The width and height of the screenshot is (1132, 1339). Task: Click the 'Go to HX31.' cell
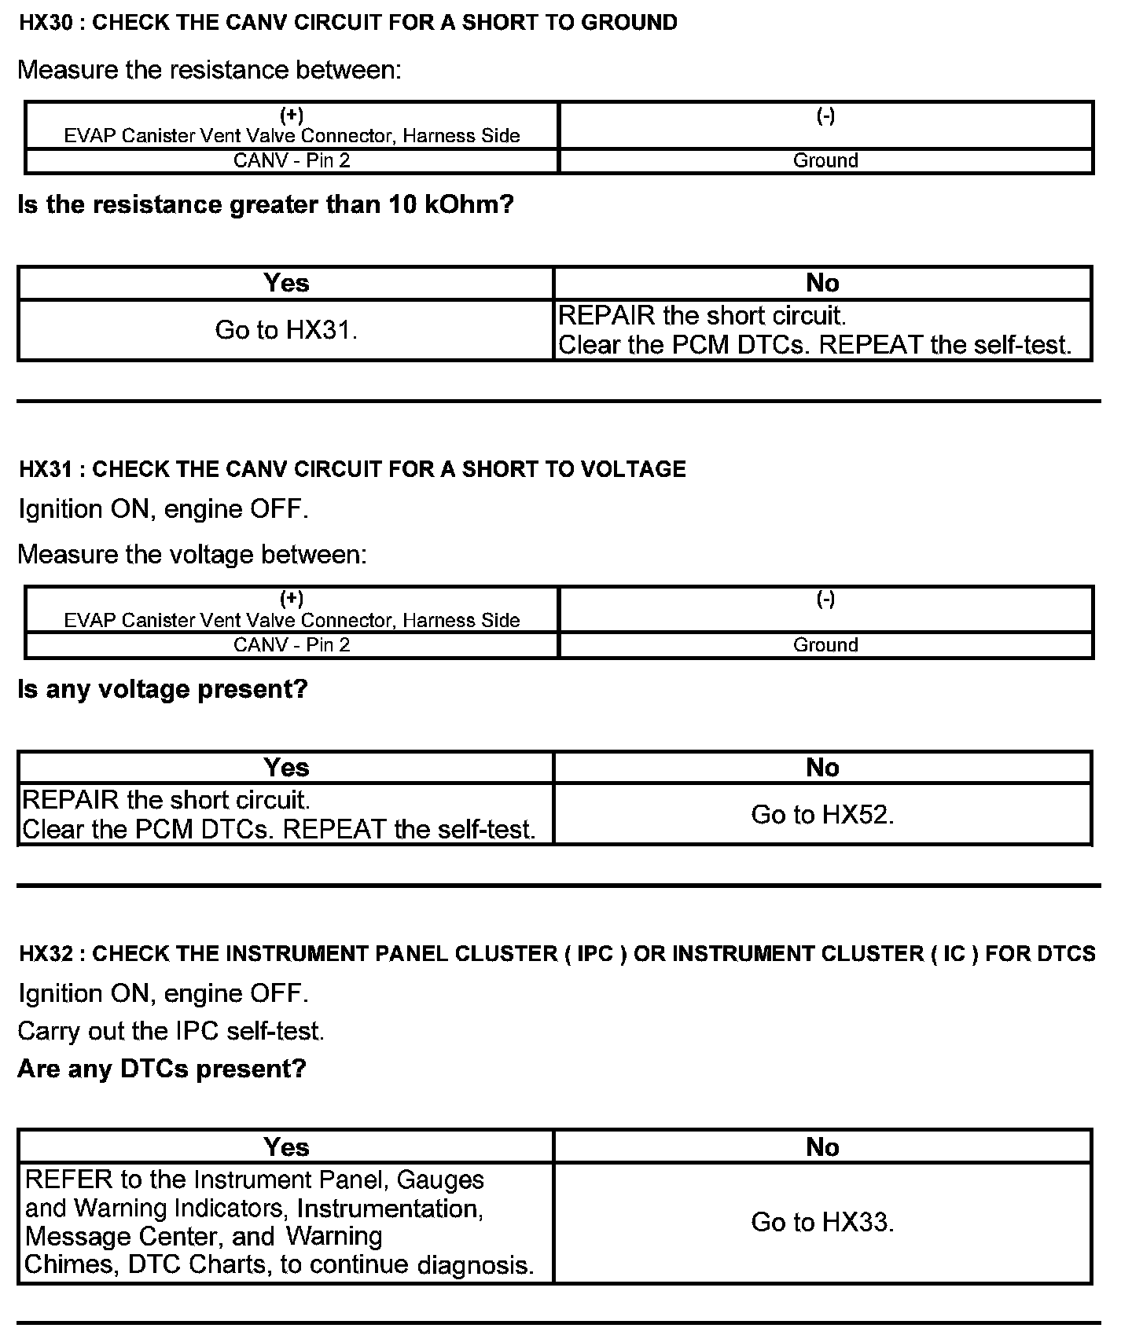286,330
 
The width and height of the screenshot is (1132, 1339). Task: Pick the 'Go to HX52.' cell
822,815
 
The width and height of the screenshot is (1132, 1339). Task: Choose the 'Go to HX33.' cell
822,1222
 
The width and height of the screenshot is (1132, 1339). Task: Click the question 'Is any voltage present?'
163,689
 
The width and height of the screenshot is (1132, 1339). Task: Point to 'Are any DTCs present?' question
162,1069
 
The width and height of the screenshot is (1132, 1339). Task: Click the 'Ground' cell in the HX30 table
825,161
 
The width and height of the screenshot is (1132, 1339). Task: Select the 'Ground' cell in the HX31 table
825,645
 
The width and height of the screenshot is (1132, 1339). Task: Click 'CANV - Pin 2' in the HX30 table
292,161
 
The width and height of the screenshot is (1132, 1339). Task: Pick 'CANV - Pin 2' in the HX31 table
292,645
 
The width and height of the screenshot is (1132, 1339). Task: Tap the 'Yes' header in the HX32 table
286,1147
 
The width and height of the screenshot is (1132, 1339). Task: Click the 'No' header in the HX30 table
822,283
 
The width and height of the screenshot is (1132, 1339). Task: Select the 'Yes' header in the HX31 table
286,768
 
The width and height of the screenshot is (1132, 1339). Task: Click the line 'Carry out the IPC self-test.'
171,1031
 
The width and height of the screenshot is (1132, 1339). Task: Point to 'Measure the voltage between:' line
192,555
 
